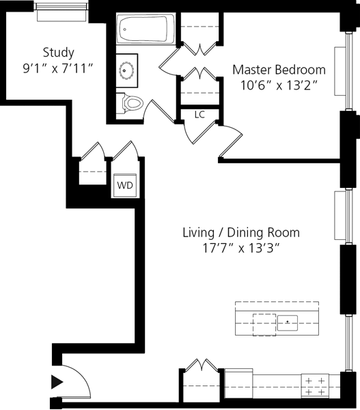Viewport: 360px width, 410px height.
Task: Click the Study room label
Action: point(58,53)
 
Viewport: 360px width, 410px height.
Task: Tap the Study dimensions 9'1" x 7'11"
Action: point(58,68)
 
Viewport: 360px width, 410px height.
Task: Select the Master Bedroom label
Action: point(279,70)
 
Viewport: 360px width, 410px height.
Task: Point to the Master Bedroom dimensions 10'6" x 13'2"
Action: point(279,85)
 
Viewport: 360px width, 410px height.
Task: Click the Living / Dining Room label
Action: point(241,232)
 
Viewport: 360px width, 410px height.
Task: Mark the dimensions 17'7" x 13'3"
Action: point(241,248)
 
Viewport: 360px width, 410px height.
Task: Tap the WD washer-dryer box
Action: point(125,185)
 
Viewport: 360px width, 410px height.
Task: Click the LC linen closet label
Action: point(199,114)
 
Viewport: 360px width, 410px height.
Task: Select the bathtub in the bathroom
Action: point(146,29)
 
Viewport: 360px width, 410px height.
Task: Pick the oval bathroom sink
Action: point(127,70)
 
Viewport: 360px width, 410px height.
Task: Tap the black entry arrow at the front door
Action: point(57,382)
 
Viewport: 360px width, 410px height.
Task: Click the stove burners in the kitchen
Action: point(315,386)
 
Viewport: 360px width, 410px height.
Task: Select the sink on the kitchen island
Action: point(288,323)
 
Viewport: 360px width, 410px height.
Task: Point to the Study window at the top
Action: point(61,12)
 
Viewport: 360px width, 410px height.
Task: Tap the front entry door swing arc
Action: point(82,377)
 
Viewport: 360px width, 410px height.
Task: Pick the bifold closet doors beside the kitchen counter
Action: point(201,365)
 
